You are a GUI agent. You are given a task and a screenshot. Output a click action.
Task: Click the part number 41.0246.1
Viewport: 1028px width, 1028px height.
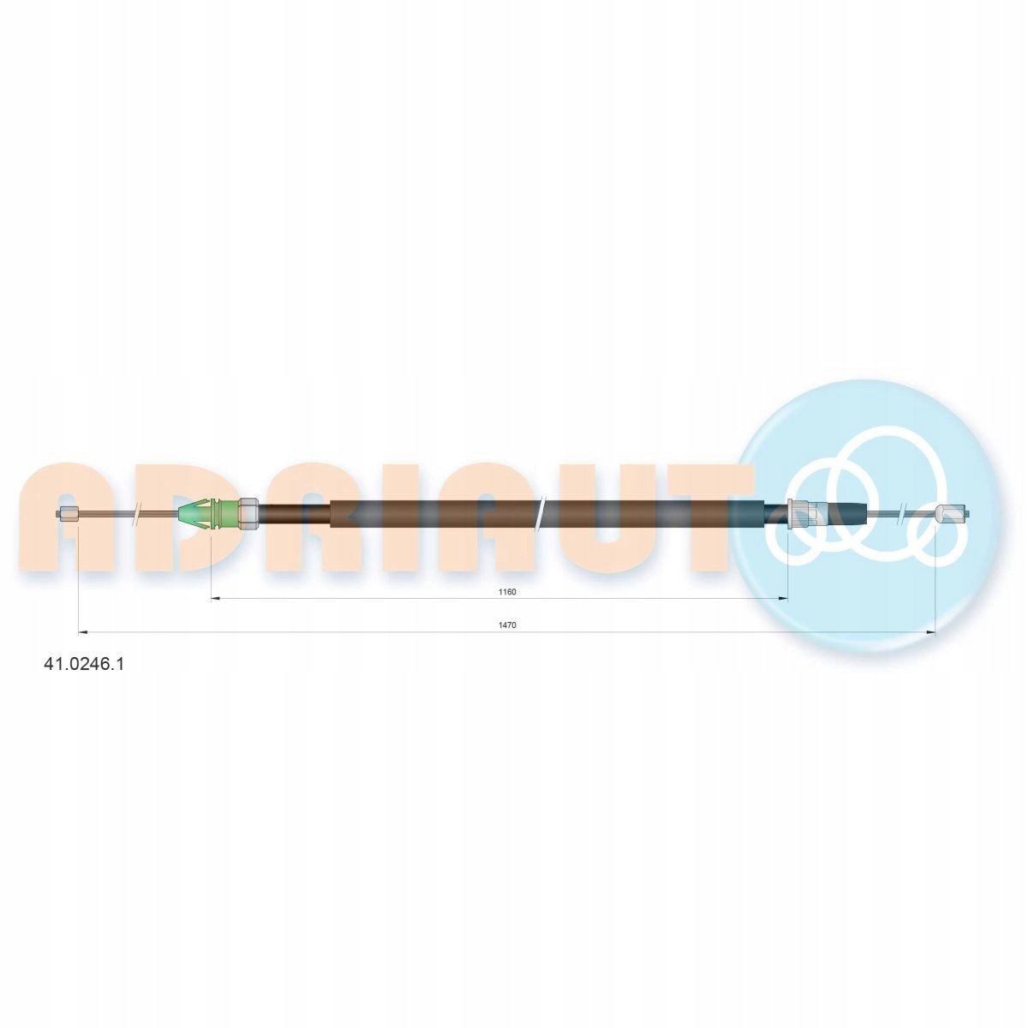pyautogui.click(x=83, y=664)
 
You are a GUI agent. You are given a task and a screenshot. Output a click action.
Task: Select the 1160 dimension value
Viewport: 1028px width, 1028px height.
pyautogui.click(x=507, y=592)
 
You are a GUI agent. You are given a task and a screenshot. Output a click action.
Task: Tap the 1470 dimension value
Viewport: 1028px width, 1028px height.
pyautogui.click(x=507, y=625)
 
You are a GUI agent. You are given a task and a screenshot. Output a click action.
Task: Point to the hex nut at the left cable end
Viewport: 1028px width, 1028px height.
pyautogui.click(x=68, y=514)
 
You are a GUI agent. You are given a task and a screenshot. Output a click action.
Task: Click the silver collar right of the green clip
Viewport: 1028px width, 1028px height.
pyautogui.click(x=248, y=514)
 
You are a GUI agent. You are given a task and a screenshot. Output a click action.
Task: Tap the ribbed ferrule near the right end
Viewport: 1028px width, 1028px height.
pyautogui.click(x=801, y=514)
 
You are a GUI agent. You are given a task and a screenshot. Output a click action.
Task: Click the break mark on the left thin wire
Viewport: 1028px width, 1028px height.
pyautogui.click(x=138, y=514)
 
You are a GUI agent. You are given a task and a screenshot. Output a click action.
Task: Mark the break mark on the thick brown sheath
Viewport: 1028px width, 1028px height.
pyautogui.click(x=541, y=514)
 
